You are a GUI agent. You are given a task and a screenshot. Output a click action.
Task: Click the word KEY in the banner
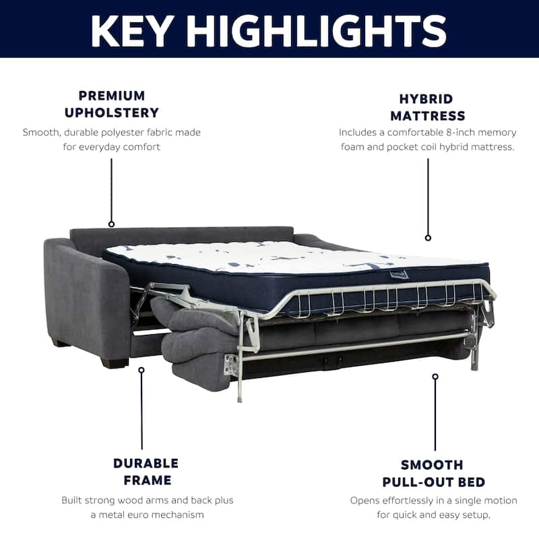tap(131, 30)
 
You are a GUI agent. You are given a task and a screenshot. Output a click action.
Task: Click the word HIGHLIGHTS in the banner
tap(317, 30)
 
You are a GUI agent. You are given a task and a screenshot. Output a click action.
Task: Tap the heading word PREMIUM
tap(112, 96)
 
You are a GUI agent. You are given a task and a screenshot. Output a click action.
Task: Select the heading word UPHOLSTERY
tap(112, 113)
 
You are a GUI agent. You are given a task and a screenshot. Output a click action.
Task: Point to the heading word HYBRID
tap(426, 99)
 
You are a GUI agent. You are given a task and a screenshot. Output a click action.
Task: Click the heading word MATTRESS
tap(428, 116)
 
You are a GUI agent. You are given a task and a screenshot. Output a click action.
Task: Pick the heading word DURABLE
tap(146, 464)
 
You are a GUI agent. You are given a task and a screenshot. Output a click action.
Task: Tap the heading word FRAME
tap(148, 480)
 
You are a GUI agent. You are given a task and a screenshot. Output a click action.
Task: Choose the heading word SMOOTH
tap(432, 465)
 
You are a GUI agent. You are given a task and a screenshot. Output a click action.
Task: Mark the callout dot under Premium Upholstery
tap(111, 224)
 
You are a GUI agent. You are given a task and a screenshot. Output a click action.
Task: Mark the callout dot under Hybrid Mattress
tap(428, 238)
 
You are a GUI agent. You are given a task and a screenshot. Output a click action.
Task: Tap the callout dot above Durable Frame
tap(141, 370)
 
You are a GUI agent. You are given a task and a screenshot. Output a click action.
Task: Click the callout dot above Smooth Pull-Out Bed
tap(435, 377)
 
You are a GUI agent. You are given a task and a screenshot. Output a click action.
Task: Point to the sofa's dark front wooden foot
tap(113, 362)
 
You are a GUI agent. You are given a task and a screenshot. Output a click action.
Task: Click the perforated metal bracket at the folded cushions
tap(230, 364)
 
